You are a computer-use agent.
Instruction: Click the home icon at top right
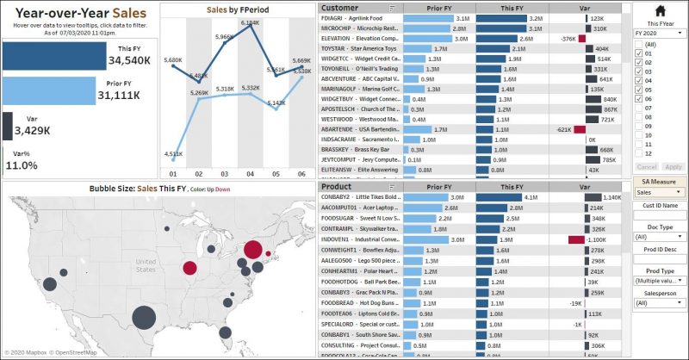(x=660, y=11)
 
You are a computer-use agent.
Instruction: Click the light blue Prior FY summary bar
(x=47, y=90)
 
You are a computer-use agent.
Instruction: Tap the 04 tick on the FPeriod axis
(x=251, y=173)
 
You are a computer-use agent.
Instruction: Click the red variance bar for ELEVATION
(x=582, y=39)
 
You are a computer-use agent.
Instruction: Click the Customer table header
(x=339, y=7)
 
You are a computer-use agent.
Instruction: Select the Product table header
(x=337, y=186)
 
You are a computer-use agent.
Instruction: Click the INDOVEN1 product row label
(x=358, y=239)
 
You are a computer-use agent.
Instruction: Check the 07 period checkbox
(x=638, y=109)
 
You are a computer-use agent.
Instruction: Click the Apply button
(x=673, y=166)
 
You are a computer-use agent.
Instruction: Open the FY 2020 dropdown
(x=658, y=33)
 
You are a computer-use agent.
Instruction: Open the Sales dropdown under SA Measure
(x=658, y=192)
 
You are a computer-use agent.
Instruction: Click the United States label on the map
(x=145, y=261)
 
